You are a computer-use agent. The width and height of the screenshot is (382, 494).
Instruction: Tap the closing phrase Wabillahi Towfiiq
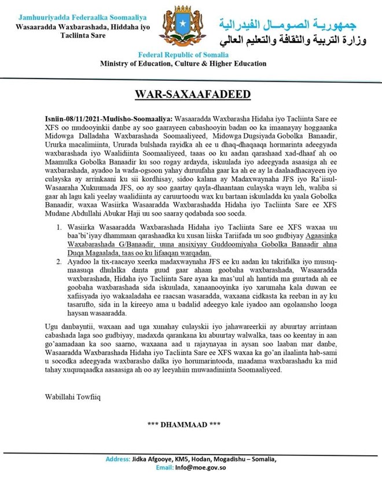[x=69, y=397]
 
